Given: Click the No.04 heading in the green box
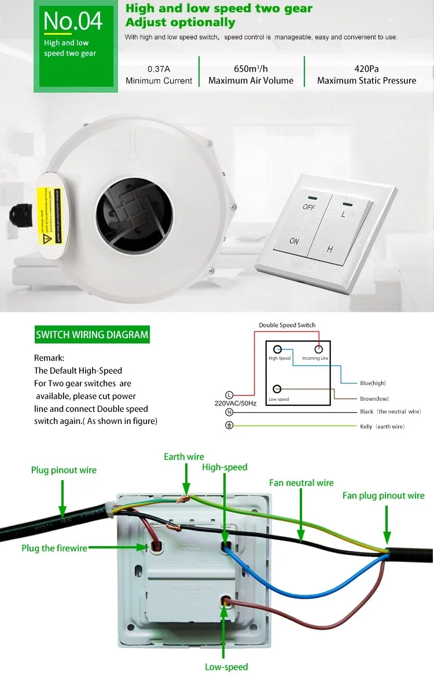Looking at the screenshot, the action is pyautogui.click(x=73, y=21).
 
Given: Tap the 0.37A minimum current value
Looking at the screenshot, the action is pyautogui.click(x=159, y=69).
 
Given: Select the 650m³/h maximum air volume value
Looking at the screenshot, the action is pyautogui.click(x=251, y=69).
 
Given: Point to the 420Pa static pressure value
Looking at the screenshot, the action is pyautogui.click(x=366, y=69).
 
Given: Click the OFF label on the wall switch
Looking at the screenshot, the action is pyautogui.click(x=308, y=206).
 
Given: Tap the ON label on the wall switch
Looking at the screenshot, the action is pyautogui.click(x=294, y=241).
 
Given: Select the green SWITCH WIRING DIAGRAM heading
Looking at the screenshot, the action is pyautogui.click(x=92, y=335).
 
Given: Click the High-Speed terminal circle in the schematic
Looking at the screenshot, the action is pyautogui.click(x=278, y=350).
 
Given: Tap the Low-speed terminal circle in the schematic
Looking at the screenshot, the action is pyautogui.click(x=278, y=389).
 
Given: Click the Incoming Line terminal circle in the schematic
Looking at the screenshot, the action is pyautogui.click(x=318, y=350).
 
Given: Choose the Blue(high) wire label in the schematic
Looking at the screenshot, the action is pyautogui.click(x=372, y=383).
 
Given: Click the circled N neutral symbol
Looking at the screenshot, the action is pyautogui.click(x=229, y=412).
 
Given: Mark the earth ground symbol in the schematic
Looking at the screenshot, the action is pyautogui.click(x=229, y=426).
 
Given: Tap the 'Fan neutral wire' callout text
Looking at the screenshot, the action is pyautogui.click(x=301, y=482).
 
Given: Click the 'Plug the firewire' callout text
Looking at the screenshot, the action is pyautogui.click(x=54, y=548).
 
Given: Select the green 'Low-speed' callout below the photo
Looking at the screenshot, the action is pyautogui.click(x=226, y=667).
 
